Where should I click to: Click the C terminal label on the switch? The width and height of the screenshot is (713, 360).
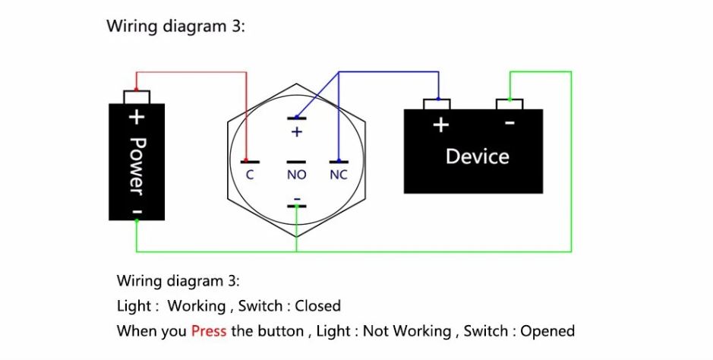[250, 175]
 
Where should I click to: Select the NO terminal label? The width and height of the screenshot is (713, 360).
[296, 175]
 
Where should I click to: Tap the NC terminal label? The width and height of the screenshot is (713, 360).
[339, 175]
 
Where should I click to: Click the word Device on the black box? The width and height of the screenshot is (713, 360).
[477, 156]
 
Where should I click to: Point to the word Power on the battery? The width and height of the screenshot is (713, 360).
[137, 166]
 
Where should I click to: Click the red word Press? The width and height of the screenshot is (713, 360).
[209, 331]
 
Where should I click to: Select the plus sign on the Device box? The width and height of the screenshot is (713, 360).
[440, 125]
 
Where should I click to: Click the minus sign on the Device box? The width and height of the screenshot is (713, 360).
[510, 123]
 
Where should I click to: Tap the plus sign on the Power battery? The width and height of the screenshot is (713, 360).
[137, 117]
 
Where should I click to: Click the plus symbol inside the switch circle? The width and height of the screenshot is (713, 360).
[296, 132]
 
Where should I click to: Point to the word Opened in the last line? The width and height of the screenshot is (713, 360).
[547, 331]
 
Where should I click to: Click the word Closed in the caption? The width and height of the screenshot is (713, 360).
[318, 305]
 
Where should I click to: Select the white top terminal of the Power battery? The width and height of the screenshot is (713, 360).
[137, 96]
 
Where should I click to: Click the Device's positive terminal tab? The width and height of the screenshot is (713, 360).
[437, 104]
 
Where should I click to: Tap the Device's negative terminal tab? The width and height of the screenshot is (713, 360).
[510, 104]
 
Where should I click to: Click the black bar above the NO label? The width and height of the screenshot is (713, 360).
[296, 162]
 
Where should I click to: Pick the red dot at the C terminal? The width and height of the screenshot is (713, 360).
[246, 160]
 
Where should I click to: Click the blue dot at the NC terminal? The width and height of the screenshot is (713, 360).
[339, 160]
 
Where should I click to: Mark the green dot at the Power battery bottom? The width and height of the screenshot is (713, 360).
[137, 220]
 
